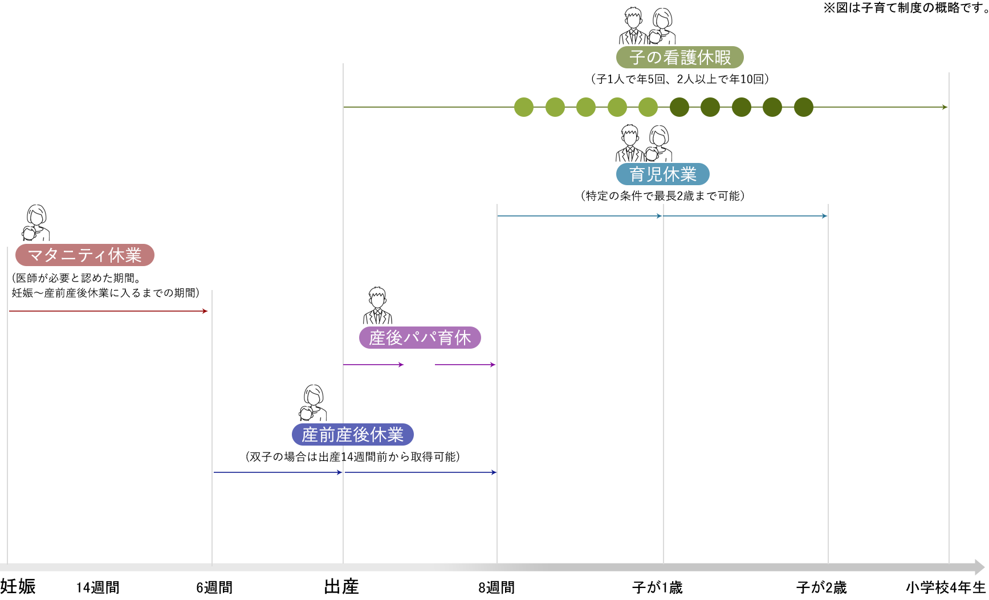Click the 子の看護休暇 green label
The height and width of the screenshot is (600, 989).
pyautogui.click(x=679, y=57)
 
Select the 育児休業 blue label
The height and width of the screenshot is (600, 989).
pyautogui.click(x=662, y=174)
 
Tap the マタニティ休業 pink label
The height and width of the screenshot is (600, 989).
pyautogui.click(x=84, y=255)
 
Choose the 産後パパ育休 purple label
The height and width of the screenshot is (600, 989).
pyautogui.click(x=420, y=337)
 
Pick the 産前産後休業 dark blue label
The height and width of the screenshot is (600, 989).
pyautogui.click(x=352, y=435)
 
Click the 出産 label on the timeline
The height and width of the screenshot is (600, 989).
pyautogui.click(x=341, y=586)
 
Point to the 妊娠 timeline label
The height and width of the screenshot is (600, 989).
pyautogui.click(x=18, y=586)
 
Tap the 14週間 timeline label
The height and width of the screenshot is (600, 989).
pyautogui.click(x=98, y=587)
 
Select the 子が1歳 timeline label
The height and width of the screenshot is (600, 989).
pyautogui.click(x=657, y=587)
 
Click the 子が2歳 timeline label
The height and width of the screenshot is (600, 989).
pyautogui.click(x=821, y=587)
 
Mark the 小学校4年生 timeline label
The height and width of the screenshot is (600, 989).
pyautogui.click(x=946, y=587)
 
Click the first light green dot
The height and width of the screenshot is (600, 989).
pyautogui.click(x=524, y=107)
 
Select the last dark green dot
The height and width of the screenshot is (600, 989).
pyautogui.click(x=804, y=107)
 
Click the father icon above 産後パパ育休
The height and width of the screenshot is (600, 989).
pyautogui.click(x=377, y=305)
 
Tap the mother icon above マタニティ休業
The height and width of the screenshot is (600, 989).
pyautogui.click(x=36, y=223)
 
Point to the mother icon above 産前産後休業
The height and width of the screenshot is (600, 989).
pyautogui.click(x=313, y=403)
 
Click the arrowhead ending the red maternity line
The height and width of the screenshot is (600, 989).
pyautogui.click(x=206, y=311)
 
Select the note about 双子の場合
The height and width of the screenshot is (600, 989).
pyautogui.click(x=352, y=457)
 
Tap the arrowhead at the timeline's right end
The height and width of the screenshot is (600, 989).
pyautogui.click(x=980, y=567)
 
